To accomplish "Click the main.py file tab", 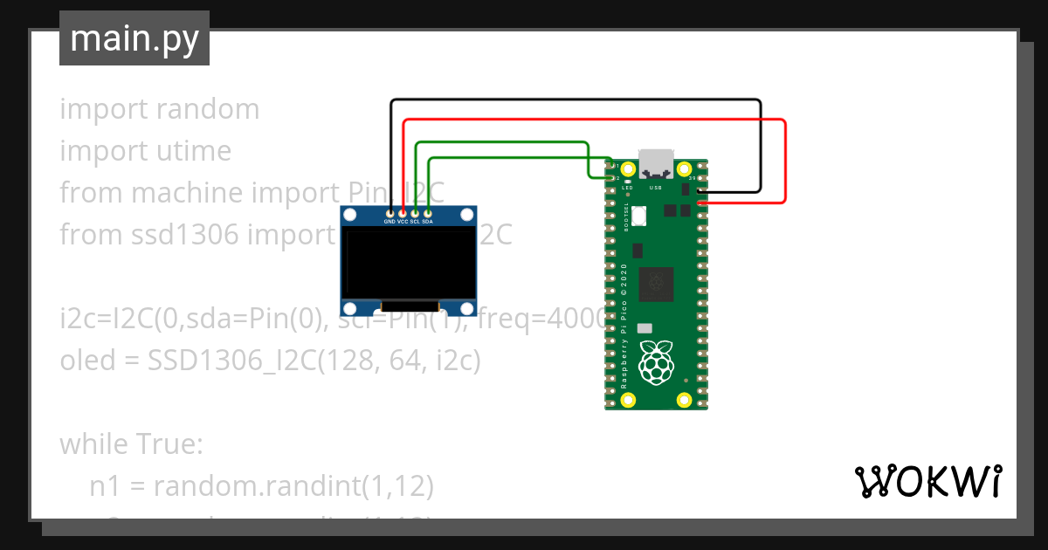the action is pyautogui.click(x=134, y=38).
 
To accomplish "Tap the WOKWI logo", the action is pyautogui.click(x=927, y=482).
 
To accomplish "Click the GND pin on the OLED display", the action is pyautogui.click(x=390, y=212).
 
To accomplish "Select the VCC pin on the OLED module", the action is pyautogui.click(x=403, y=212).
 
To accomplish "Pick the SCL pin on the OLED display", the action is pyautogui.click(x=416, y=212).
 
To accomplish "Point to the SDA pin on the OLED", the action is pyautogui.click(x=428, y=212).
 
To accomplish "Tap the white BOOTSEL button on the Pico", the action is pyautogui.click(x=638, y=214).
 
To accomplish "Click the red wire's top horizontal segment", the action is pyautogui.click(x=594, y=120).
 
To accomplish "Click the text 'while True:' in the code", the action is pyautogui.click(x=131, y=444).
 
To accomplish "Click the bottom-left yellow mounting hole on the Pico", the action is pyautogui.click(x=627, y=400).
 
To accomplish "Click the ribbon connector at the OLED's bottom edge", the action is pyautogui.click(x=408, y=306).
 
